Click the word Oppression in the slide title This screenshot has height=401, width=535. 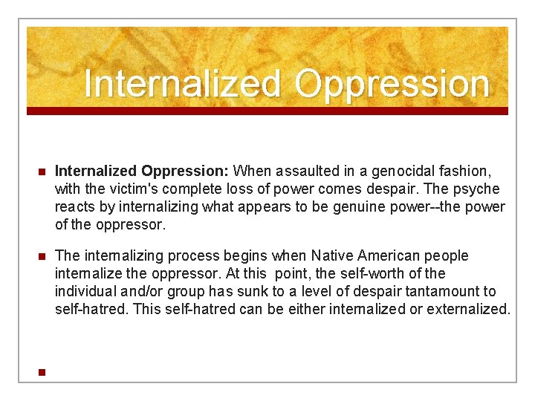click(392, 84)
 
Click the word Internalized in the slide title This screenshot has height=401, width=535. click(183, 84)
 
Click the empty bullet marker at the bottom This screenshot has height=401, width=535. click(42, 372)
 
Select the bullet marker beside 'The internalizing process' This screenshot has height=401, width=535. click(42, 256)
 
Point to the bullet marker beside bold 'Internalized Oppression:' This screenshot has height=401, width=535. click(42, 172)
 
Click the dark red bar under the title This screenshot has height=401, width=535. click(267, 111)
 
